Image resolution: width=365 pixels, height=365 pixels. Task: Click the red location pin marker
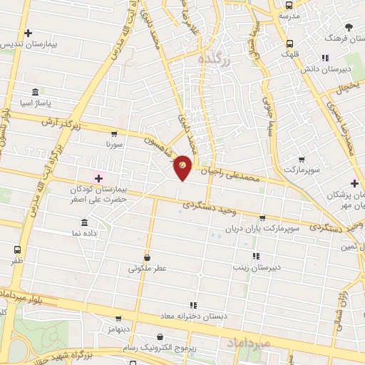tap(182, 167)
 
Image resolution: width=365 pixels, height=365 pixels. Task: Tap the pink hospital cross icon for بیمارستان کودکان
tap(98, 178)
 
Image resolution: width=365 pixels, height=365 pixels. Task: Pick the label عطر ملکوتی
tap(147, 269)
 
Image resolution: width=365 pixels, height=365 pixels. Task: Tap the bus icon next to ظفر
tap(18, 250)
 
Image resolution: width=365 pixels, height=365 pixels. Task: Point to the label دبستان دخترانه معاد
tap(205, 315)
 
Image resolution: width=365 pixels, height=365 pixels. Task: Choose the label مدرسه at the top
tap(288, 16)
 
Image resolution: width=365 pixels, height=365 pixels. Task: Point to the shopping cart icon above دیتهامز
tap(118, 319)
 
